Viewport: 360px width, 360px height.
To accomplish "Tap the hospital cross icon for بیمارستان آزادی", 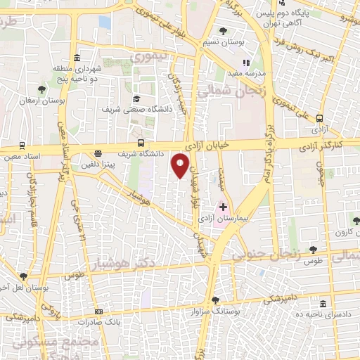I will coord(223,208).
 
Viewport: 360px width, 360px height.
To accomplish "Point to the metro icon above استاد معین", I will coord(22,144).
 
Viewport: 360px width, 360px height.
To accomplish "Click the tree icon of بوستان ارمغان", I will coord(42,89).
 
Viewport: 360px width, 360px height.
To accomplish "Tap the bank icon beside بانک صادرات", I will coord(98,311).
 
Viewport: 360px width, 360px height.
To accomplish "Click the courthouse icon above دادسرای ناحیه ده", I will coord(323,304).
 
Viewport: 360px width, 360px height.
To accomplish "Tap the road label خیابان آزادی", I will coord(210,143).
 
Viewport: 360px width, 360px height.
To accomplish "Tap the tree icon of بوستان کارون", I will coord(356,221).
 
